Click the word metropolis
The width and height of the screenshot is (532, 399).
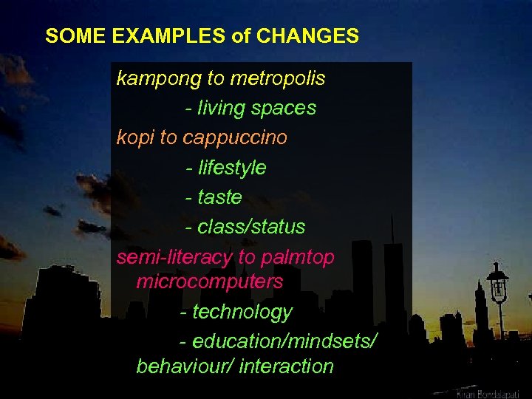pos(278,78)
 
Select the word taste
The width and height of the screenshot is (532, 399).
pos(219,197)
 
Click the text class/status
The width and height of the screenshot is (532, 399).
pos(251,227)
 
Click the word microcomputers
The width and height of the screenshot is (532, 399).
pos(210,282)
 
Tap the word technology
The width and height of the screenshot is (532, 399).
pos(242,313)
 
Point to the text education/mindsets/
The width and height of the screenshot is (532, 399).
pos(285,342)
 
